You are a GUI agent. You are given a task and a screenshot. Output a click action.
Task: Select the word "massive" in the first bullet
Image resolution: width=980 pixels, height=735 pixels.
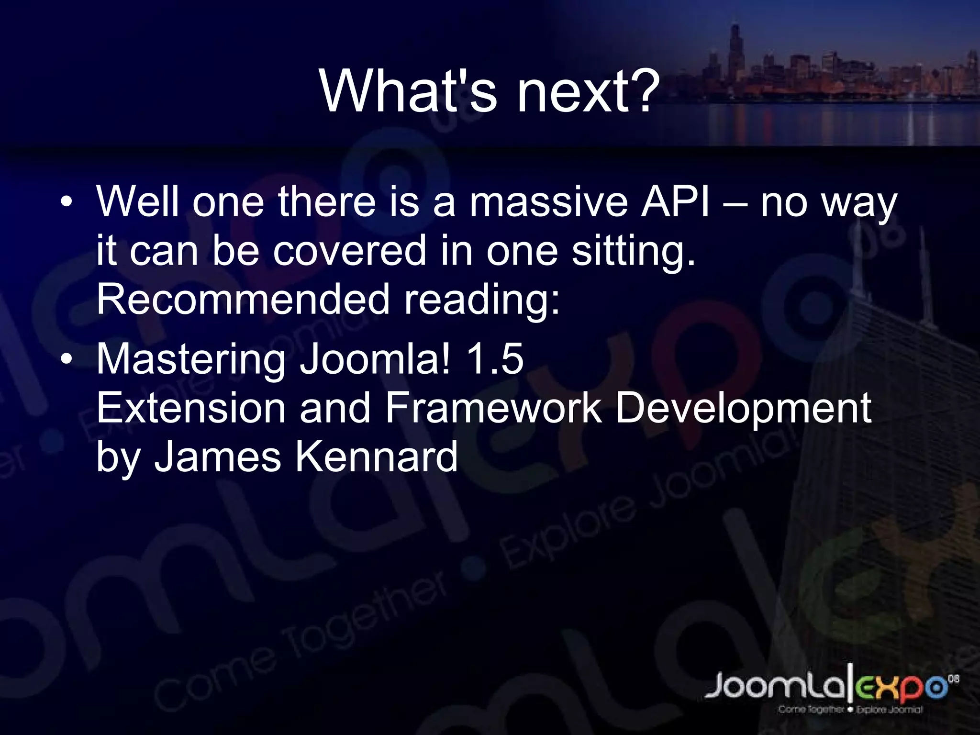tap(548, 202)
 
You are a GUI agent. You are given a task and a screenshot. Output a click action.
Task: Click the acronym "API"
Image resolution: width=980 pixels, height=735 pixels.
tap(675, 202)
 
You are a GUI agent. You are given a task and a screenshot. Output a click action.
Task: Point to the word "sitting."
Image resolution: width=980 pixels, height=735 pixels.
tap(634, 251)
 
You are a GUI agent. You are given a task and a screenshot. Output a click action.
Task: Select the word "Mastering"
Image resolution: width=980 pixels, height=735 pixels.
tap(190, 360)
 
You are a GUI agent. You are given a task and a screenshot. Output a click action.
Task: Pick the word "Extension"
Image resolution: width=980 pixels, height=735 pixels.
tap(191, 408)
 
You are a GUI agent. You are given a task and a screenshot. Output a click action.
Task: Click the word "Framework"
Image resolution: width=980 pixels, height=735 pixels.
tap(493, 408)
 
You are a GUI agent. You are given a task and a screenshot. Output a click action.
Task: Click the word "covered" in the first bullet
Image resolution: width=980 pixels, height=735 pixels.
tap(349, 251)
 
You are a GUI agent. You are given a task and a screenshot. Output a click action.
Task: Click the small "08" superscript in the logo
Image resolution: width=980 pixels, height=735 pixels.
tap(953, 679)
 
